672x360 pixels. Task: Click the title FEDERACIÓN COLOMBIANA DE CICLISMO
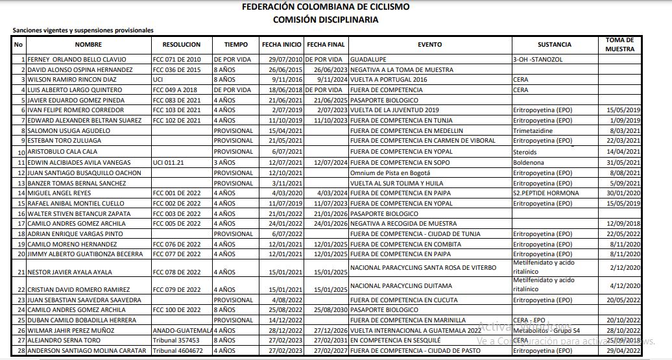click(x=325, y=7)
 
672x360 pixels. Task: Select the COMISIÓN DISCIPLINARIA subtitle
click(x=325, y=19)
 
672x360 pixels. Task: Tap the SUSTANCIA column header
click(x=554, y=45)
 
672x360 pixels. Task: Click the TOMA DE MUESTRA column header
click(x=619, y=44)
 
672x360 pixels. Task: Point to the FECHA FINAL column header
click(x=325, y=45)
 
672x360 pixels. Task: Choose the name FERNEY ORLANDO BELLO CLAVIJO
click(x=77, y=59)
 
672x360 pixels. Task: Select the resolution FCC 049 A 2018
click(x=174, y=90)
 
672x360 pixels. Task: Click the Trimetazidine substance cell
click(x=534, y=130)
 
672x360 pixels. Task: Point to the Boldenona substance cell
click(x=529, y=162)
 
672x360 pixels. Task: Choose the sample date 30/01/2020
click(x=624, y=193)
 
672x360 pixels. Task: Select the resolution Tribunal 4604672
click(x=177, y=351)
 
